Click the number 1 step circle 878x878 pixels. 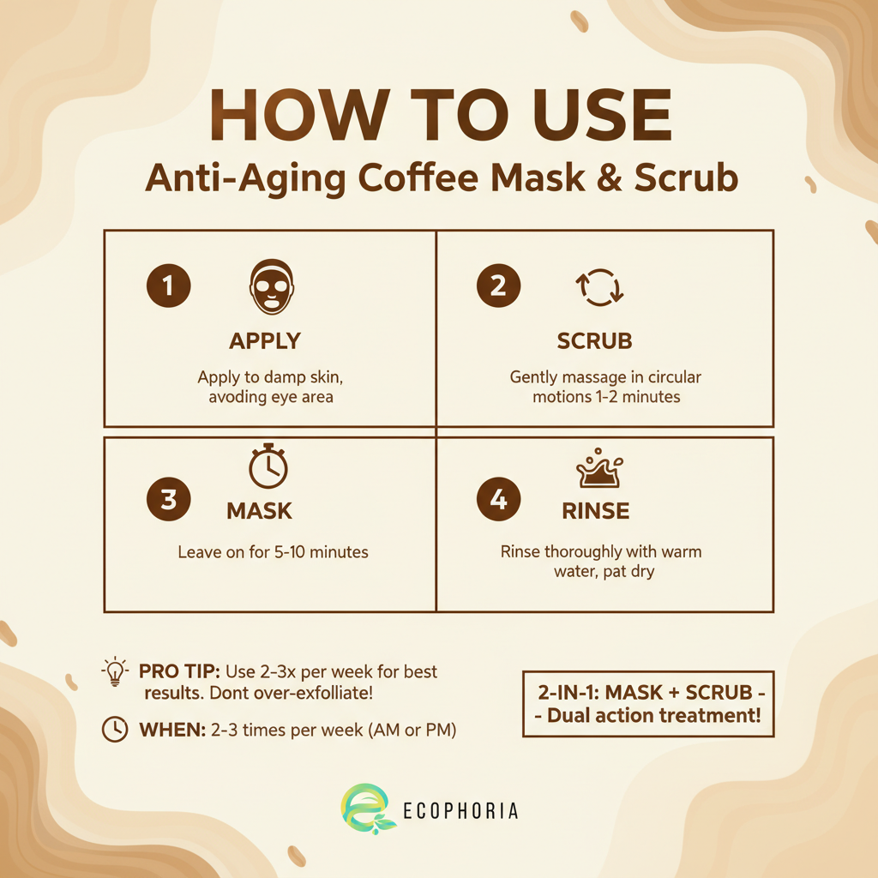(168, 286)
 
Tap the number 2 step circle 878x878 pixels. (498, 286)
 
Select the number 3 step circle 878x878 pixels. (168, 501)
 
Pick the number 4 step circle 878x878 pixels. (498, 501)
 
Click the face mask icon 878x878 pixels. (271, 288)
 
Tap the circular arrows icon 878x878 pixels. (599, 288)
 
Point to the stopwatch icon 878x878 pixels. (268, 467)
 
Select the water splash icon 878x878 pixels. (599, 469)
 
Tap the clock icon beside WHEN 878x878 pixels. (114, 729)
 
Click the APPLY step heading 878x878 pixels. (265, 340)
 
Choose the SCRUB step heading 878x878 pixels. (594, 340)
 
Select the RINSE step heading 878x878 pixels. (595, 512)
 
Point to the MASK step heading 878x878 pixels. (259, 512)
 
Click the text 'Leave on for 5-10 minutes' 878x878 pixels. (273, 552)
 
